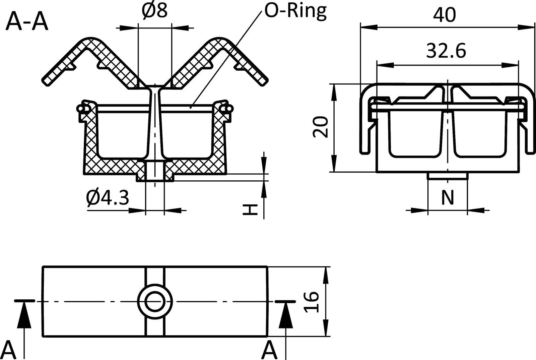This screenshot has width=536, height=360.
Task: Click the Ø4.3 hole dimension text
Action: pos(107,198)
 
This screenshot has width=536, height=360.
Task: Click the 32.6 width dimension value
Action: pos(446,51)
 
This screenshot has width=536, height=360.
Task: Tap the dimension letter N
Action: pos(447,198)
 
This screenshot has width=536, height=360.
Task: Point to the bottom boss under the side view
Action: pos(448,176)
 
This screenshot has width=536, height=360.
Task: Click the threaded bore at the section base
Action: pos(155,171)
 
